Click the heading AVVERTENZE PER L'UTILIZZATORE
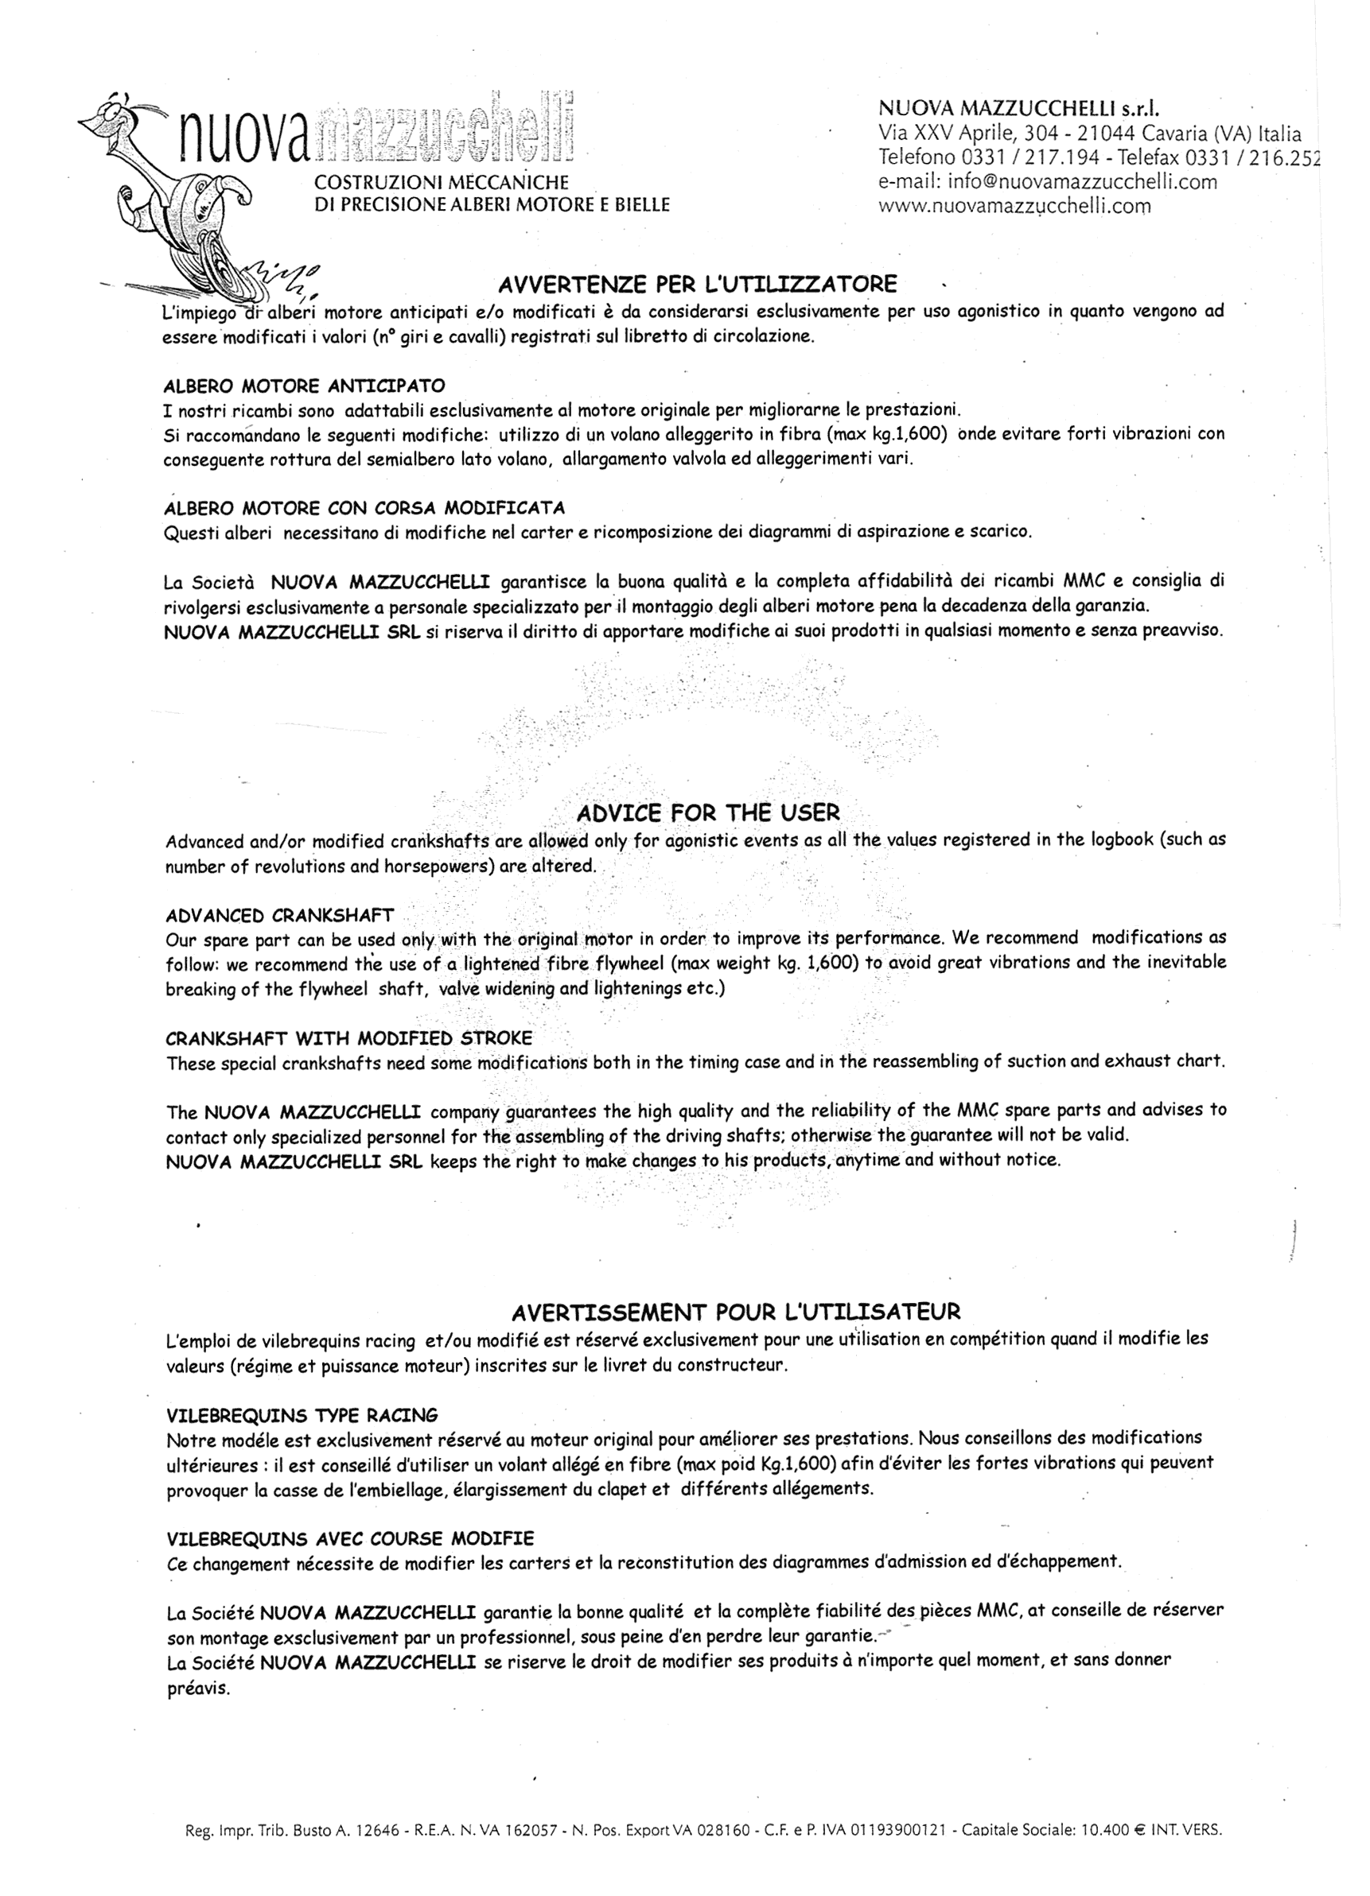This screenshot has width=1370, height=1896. [697, 285]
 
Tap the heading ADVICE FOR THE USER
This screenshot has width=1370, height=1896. [708, 812]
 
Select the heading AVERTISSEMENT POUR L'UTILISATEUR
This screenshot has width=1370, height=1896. [736, 1311]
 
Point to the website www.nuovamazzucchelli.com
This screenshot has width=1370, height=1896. [1014, 206]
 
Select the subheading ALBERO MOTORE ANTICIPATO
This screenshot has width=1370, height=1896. [305, 386]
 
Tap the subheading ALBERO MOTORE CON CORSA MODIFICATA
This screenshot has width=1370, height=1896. [364, 507]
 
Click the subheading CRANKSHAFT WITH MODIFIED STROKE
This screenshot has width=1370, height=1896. [348, 1038]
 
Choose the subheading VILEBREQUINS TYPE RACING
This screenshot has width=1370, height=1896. [302, 1415]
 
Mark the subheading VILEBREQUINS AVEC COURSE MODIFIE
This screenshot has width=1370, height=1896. [350, 1538]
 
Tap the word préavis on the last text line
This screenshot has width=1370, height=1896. [198, 1688]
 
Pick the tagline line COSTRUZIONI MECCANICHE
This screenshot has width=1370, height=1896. [441, 182]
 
